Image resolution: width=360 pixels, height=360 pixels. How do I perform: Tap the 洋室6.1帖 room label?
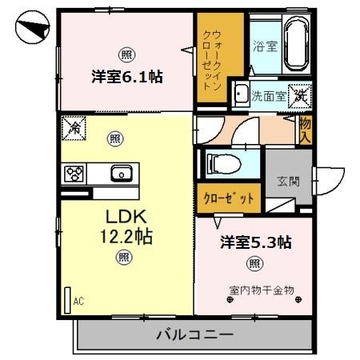click(127, 77)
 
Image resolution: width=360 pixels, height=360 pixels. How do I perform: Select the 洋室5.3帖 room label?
click(254, 242)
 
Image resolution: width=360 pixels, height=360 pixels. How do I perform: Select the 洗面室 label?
click(268, 94)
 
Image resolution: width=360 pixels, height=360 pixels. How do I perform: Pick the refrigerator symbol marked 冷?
click(74, 126)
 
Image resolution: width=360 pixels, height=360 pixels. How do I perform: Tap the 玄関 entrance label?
click(289, 182)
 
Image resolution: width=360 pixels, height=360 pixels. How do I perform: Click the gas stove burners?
click(74, 173)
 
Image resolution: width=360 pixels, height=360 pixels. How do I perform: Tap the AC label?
click(78, 301)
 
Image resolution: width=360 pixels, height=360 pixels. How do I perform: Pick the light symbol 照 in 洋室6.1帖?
click(127, 54)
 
